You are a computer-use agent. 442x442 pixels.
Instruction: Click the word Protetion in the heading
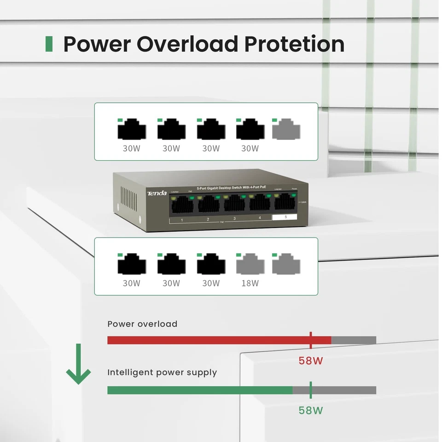(294, 44)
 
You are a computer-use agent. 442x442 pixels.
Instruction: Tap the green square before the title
(49, 44)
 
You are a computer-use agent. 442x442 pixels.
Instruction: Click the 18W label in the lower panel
(250, 283)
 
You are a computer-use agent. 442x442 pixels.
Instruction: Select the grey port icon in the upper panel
(286, 129)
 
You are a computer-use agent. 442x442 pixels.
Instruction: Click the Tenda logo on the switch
(157, 193)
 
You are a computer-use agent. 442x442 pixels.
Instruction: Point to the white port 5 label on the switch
(285, 217)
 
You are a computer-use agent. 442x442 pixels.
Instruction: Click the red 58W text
(311, 361)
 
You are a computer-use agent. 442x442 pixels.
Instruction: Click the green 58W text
(311, 410)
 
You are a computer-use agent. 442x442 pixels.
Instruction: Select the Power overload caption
(142, 324)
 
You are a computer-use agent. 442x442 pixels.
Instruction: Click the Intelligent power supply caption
(162, 372)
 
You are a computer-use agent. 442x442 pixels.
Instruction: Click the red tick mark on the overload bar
(311, 340)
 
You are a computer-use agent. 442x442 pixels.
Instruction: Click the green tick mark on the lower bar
(311, 390)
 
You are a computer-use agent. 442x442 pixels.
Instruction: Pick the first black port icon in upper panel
(132, 129)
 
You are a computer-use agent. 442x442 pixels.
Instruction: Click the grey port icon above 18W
(250, 264)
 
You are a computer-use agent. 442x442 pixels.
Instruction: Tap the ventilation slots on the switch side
(129, 198)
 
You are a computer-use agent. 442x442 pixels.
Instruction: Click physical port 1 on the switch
(182, 204)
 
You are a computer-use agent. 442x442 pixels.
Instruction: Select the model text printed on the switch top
(231, 188)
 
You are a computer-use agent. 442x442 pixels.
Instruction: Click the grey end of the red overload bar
(354, 340)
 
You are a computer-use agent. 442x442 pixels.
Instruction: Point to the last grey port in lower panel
(286, 264)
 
